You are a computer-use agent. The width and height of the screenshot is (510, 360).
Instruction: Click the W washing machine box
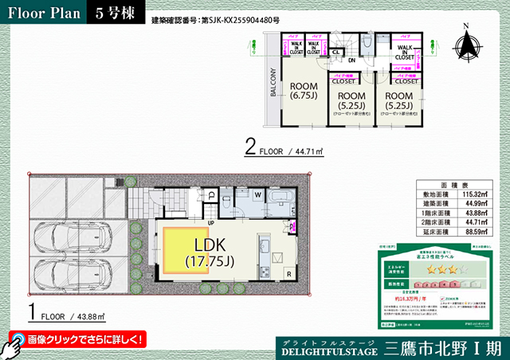pyautogui.click(x=258, y=195)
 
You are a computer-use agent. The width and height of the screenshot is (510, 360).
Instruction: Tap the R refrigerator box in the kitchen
pyautogui.click(x=288, y=274)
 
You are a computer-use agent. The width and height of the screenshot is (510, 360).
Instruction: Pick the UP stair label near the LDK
pyautogui.click(x=212, y=222)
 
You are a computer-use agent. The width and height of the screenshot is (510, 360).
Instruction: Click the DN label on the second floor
pyautogui.click(x=351, y=60)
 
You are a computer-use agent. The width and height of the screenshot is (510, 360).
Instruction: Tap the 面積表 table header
pyautogui.click(x=449, y=183)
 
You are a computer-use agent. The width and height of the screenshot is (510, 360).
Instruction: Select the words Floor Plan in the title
pyautogui.click(x=44, y=13)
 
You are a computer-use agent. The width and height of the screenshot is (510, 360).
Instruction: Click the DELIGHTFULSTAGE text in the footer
pyautogui.click(x=329, y=349)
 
